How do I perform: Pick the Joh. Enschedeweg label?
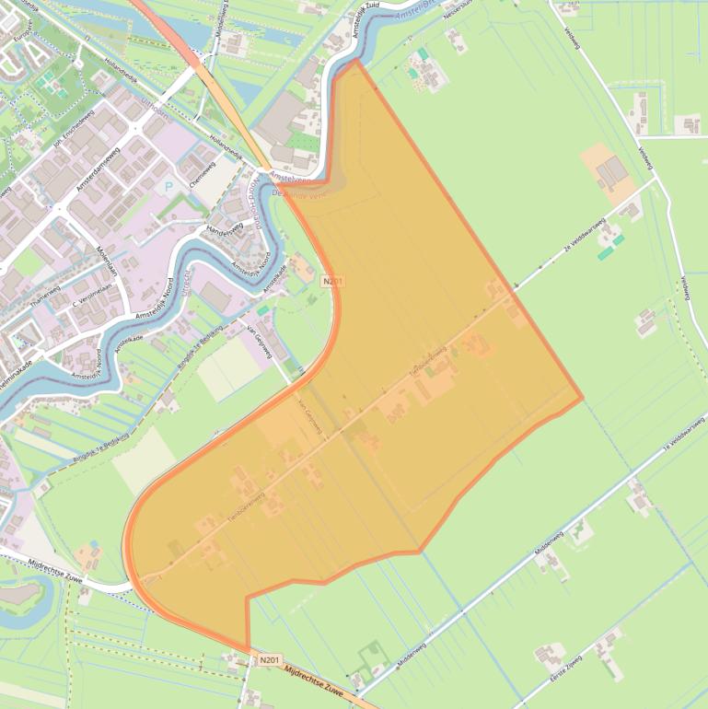pyautogui.click(x=75, y=130)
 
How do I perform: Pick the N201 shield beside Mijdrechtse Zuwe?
pyautogui.click(x=268, y=659)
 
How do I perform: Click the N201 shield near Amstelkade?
pyautogui.click(x=331, y=280)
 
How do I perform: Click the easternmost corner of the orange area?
pyautogui.click(x=583, y=399)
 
